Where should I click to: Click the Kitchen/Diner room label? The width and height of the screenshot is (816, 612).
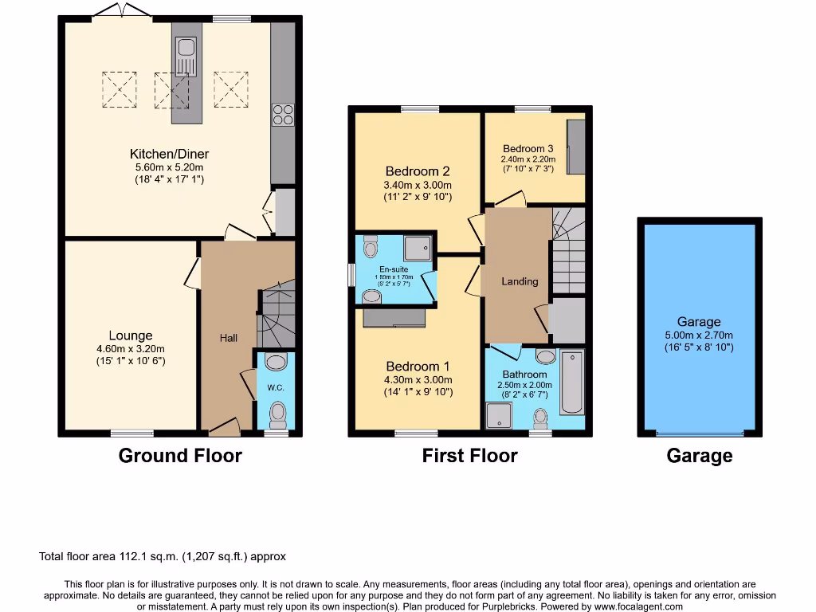click(x=169, y=154)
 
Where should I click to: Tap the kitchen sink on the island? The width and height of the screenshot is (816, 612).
click(x=186, y=57)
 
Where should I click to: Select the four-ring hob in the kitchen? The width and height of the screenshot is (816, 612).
click(x=282, y=115)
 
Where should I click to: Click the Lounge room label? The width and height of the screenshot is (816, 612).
click(x=131, y=335)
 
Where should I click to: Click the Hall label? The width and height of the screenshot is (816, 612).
click(x=229, y=338)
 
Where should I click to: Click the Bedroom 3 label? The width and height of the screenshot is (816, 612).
click(x=528, y=148)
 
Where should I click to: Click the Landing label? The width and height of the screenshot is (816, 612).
click(x=520, y=281)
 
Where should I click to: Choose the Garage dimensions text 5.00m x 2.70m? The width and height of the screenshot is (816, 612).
click(x=699, y=335)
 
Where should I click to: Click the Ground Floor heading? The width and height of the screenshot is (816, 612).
click(x=180, y=456)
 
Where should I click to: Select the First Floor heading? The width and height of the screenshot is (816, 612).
click(x=470, y=456)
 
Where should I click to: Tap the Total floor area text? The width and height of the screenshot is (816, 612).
click(x=163, y=556)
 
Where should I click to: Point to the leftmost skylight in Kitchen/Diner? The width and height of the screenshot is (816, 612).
click(x=120, y=88)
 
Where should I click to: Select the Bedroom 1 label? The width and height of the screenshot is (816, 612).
click(x=418, y=367)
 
